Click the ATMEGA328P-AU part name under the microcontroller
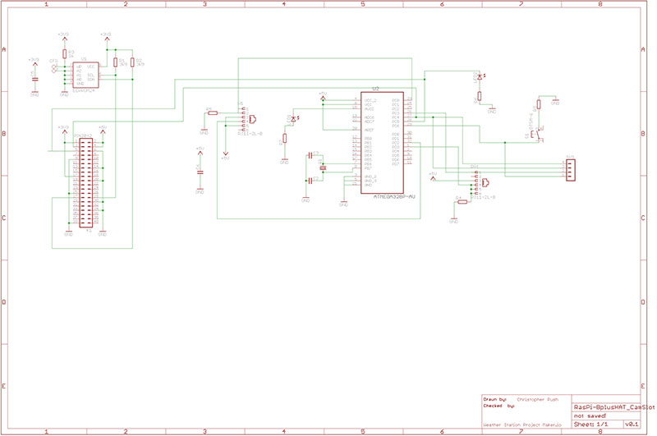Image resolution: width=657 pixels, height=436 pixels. coord(395,197)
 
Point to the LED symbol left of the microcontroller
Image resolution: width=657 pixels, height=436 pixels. coord(291,120)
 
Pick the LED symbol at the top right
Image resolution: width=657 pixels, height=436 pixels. coord(479,77)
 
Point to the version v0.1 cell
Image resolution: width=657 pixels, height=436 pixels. coord(631,425)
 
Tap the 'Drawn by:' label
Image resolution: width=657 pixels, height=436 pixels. coord(495,398)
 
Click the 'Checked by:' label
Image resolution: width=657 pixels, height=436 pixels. coord(498,406)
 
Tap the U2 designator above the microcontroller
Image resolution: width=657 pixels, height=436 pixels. coord(375,88)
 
